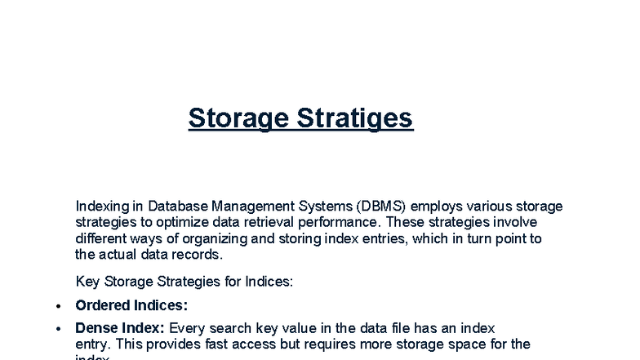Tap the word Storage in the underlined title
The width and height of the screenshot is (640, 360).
[x=238, y=118]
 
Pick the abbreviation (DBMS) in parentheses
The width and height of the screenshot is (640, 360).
[x=385, y=207]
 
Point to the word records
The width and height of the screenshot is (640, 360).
[x=198, y=254]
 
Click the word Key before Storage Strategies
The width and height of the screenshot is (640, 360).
[x=87, y=282]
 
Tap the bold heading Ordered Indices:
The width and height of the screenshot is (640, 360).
[x=131, y=305]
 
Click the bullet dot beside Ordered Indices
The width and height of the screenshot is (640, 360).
[x=57, y=306]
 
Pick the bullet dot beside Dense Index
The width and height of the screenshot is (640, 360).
[x=57, y=329]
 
